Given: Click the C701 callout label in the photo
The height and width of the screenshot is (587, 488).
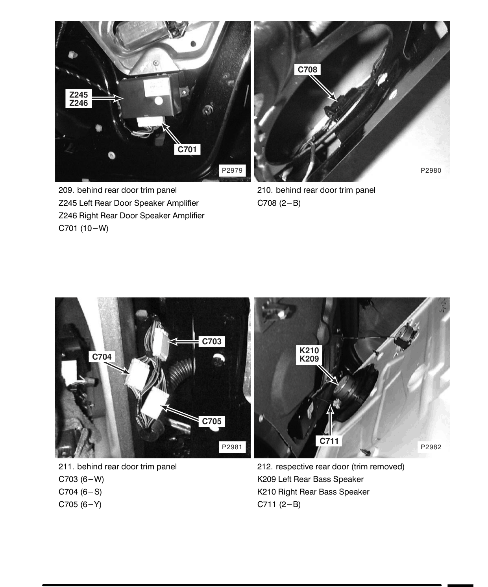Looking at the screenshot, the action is click(x=187, y=149).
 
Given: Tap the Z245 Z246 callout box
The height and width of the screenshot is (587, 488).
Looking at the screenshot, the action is click(x=78, y=99).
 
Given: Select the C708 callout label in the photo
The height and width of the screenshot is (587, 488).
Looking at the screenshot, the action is click(x=307, y=69).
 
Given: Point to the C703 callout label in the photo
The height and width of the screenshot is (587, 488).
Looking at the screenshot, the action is click(x=211, y=341).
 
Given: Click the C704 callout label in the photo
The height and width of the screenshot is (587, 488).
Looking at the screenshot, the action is click(x=102, y=357).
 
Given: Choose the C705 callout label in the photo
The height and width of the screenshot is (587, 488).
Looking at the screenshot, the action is click(x=211, y=421).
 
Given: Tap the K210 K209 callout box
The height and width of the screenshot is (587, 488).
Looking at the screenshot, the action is click(x=309, y=354).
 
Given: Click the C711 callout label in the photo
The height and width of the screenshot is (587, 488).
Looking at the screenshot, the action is click(x=329, y=441).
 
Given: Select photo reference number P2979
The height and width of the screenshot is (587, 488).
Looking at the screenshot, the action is click(x=232, y=170).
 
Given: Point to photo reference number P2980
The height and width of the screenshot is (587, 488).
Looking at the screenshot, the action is click(x=431, y=170).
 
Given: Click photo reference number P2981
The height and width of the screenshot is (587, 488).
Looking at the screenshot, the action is click(x=232, y=447).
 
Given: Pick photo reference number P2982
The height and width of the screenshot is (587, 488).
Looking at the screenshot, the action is click(x=431, y=447).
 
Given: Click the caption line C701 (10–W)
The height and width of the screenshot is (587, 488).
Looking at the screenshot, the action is click(x=83, y=228).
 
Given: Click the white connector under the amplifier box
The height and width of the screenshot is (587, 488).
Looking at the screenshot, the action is click(x=150, y=122).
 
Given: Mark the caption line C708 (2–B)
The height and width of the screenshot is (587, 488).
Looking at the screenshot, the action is click(x=279, y=203).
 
